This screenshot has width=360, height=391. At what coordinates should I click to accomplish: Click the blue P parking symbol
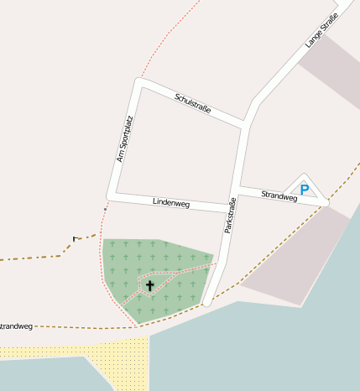(304, 190)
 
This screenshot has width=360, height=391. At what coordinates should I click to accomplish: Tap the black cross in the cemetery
(150, 286)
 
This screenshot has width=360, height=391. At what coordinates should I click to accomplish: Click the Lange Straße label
(321, 30)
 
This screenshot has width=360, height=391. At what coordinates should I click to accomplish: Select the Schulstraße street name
(192, 104)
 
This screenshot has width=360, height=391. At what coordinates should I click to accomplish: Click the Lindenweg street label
(171, 203)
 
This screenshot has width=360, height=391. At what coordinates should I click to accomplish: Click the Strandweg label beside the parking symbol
(279, 195)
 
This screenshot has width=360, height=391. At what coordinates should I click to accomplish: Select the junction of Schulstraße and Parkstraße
(245, 125)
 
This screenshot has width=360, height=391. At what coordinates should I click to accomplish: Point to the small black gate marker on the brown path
(75, 239)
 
